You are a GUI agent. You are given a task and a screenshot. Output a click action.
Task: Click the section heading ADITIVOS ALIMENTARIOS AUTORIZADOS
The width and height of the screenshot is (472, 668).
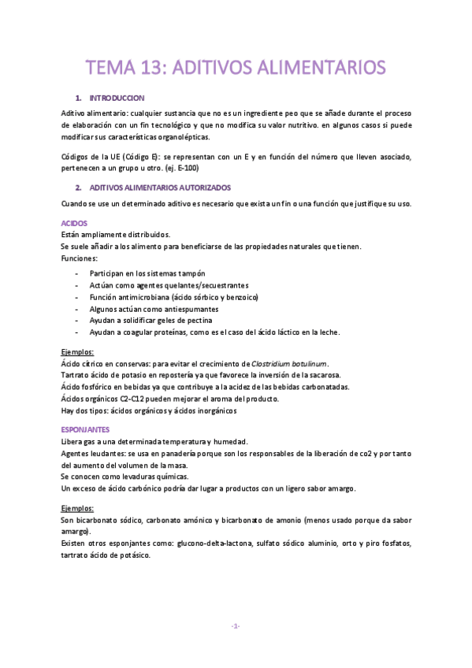160,188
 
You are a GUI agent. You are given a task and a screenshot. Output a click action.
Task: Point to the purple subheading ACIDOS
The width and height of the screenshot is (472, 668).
74,223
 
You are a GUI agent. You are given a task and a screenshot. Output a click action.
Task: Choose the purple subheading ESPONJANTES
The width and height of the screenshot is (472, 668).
85,429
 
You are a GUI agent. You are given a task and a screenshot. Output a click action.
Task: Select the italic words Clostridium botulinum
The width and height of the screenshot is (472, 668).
288,363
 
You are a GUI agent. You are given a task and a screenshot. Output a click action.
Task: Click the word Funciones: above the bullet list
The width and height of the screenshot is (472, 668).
79,258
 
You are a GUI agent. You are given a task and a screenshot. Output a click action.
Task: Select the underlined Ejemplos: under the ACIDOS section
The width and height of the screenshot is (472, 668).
77,351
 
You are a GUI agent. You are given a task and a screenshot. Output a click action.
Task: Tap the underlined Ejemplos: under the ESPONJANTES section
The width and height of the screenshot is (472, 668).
77,509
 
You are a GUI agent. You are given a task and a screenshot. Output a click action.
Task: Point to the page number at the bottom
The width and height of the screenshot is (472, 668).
236,626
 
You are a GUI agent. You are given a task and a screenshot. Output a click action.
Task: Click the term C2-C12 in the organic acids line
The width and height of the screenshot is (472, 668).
135,399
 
